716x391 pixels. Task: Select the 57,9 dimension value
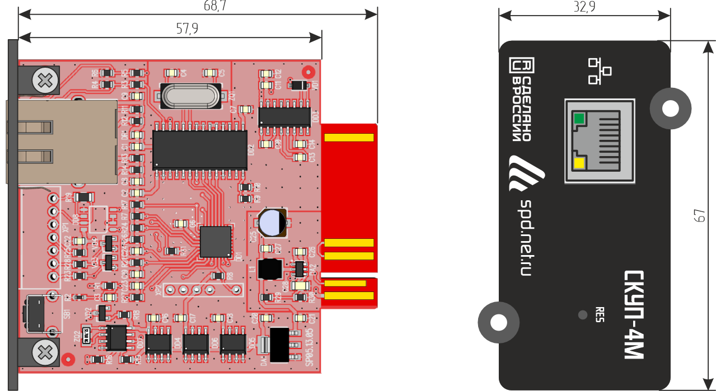[187, 29]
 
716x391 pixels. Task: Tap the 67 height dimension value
[698, 216]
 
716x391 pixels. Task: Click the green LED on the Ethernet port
[579, 119]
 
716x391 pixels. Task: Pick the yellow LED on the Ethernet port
[579, 163]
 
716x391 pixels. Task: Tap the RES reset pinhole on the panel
[583, 315]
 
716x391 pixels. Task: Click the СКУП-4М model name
[635, 315]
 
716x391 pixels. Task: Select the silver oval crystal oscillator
[189, 96]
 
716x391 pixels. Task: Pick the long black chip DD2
[200, 149]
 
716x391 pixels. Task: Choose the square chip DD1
[216, 242]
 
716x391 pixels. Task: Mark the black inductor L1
[270, 268]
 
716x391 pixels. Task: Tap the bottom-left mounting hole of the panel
[497, 322]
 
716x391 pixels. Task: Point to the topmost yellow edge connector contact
[349, 138]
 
